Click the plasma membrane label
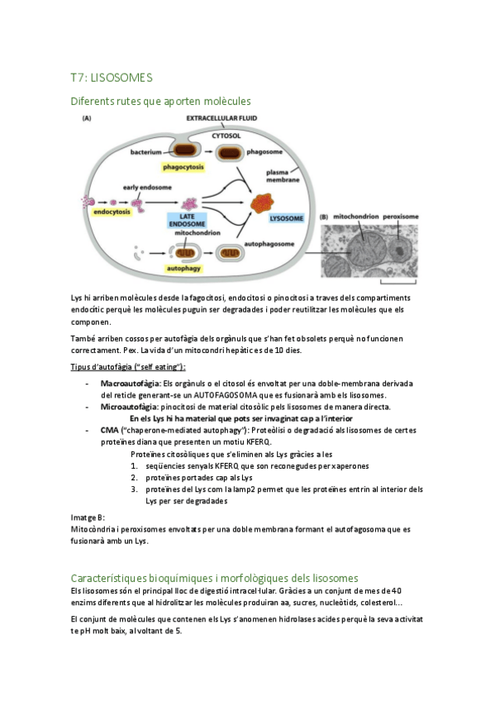(282, 175)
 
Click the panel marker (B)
(324, 216)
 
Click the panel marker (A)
(86, 119)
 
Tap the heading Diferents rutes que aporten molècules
(161, 101)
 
